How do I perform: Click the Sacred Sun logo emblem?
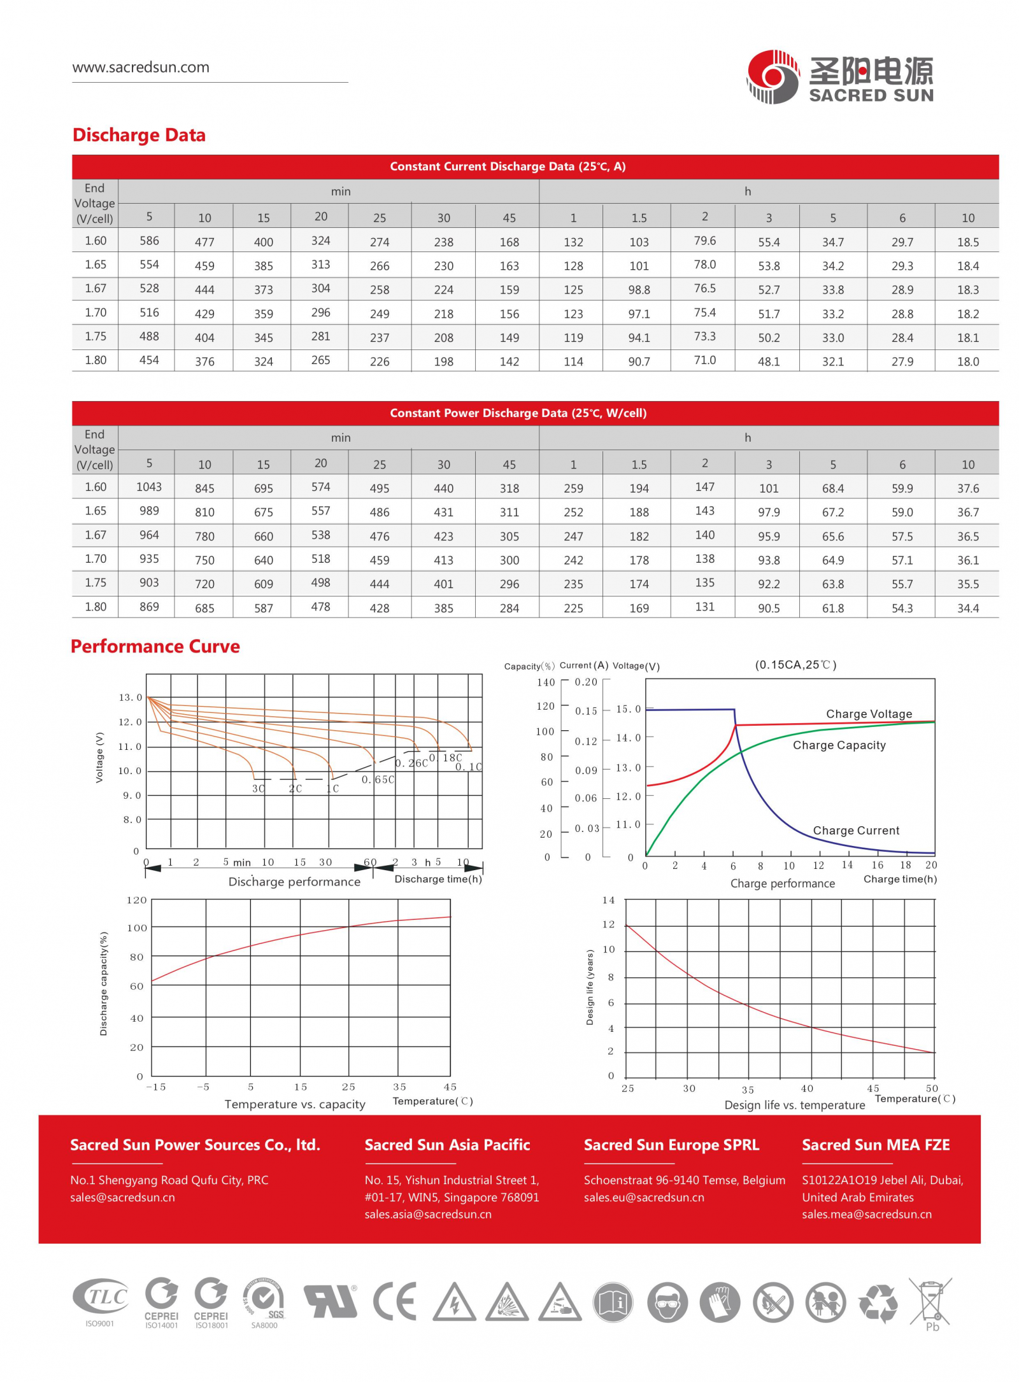[x=773, y=76]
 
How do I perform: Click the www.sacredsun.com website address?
[x=141, y=67]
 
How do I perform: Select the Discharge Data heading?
[x=139, y=135]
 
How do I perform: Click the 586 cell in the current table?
[x=149, y=241]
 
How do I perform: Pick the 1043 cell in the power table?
[x=148, y=487]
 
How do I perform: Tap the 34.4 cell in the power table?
[x=967, y=608]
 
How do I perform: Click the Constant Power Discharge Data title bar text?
[x=518, y=413]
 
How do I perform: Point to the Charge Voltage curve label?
[x=869, y=714]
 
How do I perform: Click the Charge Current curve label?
[x=856, y=830]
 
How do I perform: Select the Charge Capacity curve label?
[x=839, y=745]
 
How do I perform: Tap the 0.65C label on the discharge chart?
[x=378, y=779]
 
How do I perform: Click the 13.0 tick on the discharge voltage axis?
[x=130, y=697]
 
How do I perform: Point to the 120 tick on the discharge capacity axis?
[x=136, y=900]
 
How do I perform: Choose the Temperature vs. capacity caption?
[x=295, y=1104]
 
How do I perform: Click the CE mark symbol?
[x=394, y=1301]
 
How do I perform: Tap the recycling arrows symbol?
[x=878, y=1302]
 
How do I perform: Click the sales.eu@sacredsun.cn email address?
[x=644, y=1197]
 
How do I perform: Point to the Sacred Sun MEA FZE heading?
[x=876, y=1145]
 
